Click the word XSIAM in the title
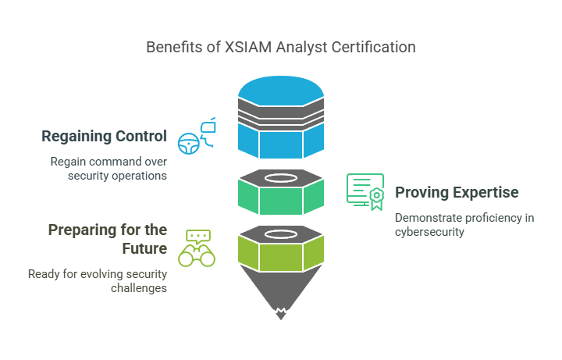(247, 47)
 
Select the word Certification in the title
(373, 47)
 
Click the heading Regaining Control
(105, 136)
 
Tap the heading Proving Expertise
(457, 193)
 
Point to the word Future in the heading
(144, 248)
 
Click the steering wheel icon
(189, 144)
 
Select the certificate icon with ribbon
(365, 192)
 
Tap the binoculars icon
(197, 255)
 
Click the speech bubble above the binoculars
(198, 237)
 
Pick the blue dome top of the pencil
(281, 91)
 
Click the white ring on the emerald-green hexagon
(281, 178)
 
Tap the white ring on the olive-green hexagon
(281, 234)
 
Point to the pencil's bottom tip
(281, 319)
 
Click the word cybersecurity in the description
(429, 232)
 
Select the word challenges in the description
(139, 288)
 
